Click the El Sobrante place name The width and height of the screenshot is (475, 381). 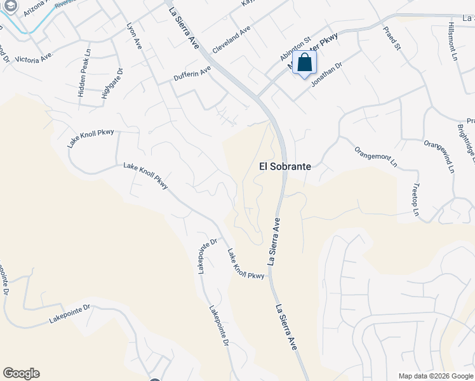point(285,166)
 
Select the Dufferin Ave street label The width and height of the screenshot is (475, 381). point(192,74)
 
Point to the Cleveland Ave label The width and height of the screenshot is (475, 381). point(232,39)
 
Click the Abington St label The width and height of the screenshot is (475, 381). point(294,48)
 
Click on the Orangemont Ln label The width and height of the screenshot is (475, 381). point(376,157)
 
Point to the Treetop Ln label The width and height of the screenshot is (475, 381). point(415,199)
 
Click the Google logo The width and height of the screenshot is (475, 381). point(21,373)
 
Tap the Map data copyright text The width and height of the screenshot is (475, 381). point(436,376)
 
